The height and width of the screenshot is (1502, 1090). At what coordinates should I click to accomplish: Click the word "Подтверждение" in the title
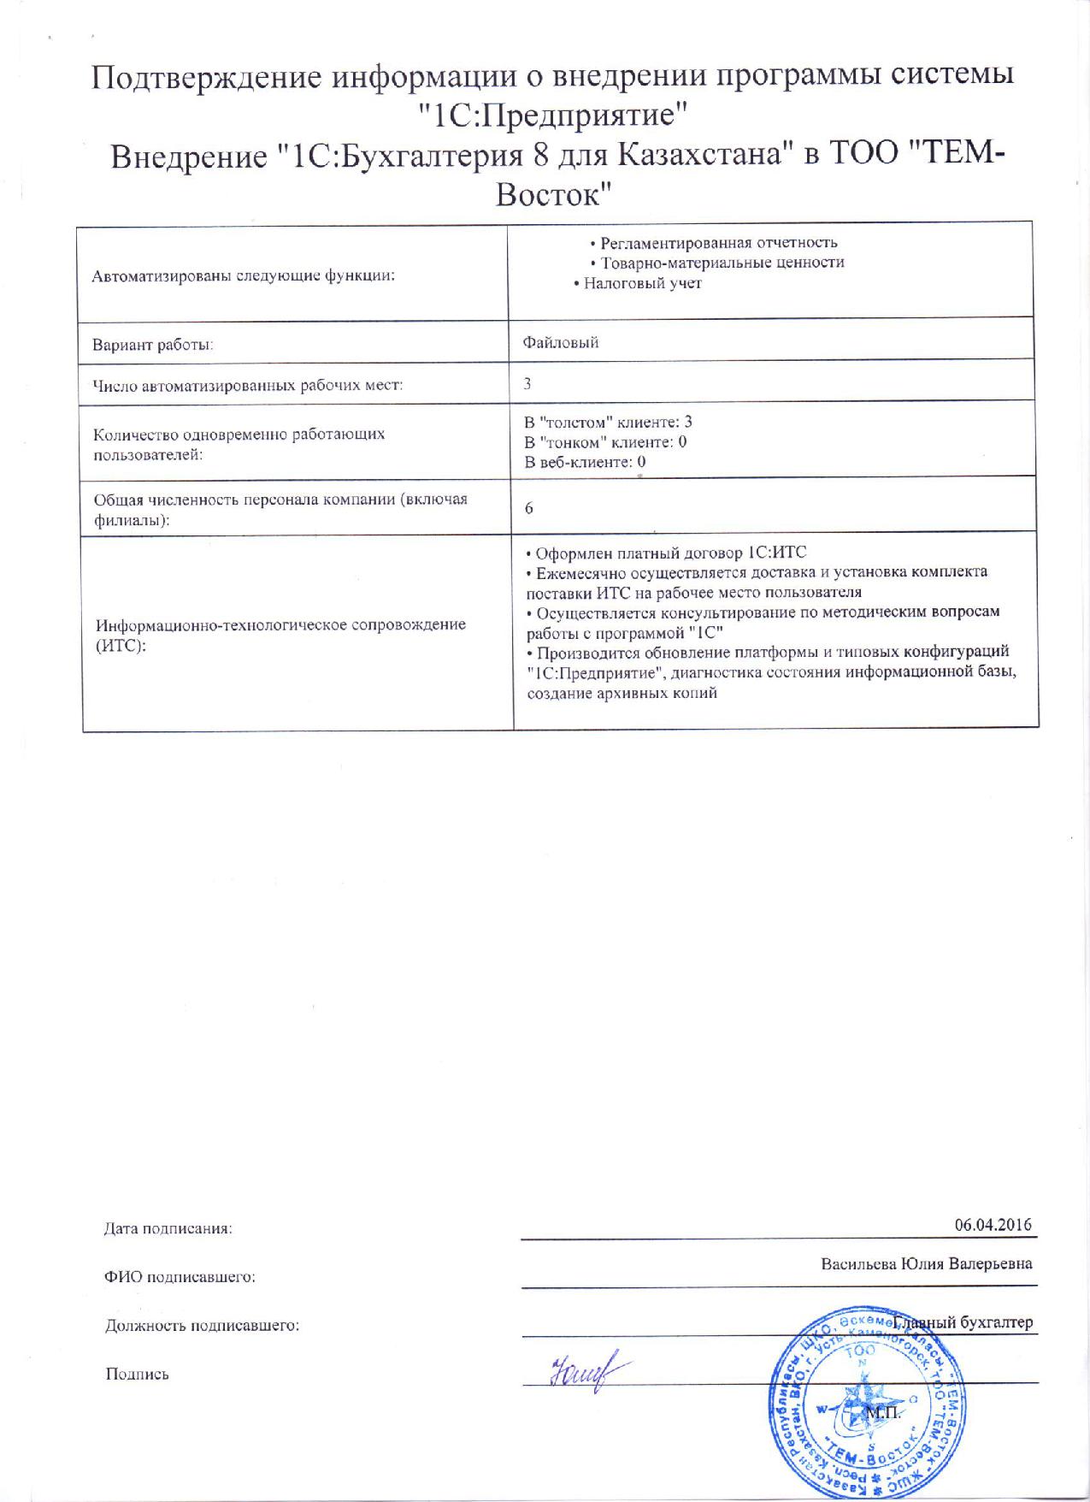[x=205, y=78]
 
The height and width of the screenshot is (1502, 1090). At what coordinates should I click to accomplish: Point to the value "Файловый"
[x=561, y=343]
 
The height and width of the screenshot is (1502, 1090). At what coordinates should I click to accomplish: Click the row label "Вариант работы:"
[x=153, y=345]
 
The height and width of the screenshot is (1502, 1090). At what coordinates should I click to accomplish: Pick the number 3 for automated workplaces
[x=528, y=384]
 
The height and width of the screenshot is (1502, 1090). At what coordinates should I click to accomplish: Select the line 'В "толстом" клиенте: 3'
[x=608, y=422]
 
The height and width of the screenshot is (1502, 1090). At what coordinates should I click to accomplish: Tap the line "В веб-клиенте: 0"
[x=585, y=463]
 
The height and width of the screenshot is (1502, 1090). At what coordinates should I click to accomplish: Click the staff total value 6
[x=529, y=508]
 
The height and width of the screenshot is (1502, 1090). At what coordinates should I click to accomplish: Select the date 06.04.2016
[x=993, y=1224]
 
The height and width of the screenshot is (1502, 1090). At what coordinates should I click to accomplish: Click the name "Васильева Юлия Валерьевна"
[x=926, y=1263]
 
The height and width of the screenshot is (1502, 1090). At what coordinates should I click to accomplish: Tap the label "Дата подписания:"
[x=168, y=1229]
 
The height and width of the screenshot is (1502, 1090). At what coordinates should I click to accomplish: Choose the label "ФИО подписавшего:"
[x=180, y=1277]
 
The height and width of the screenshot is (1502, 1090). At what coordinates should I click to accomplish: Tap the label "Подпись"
[x=137, y=1374]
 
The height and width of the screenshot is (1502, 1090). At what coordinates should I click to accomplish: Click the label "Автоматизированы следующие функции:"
[x=244, y=276]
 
